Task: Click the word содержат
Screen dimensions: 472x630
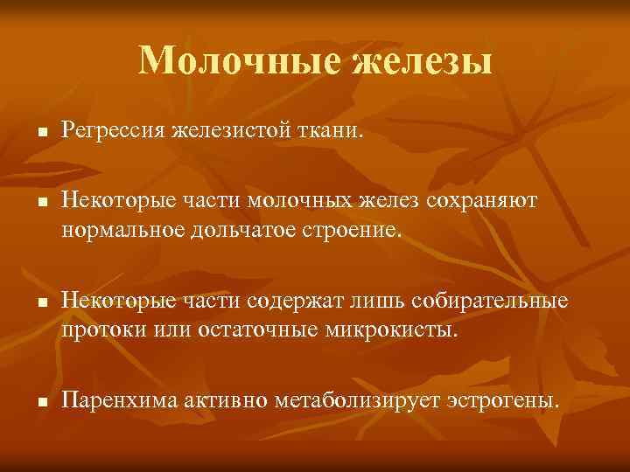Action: point(312,302)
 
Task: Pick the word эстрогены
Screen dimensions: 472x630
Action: point(500,400)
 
